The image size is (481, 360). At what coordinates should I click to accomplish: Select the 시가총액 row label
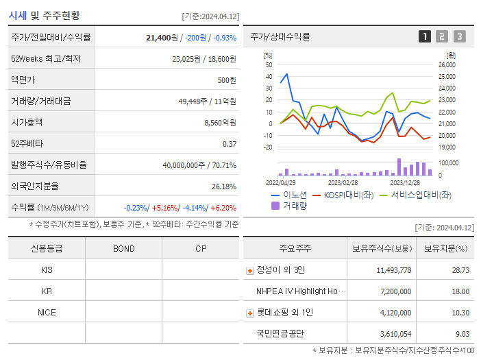pyautogui.click(x=27, y=122)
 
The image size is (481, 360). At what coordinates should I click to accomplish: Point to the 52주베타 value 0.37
pyautogui.click(x=230, y=143)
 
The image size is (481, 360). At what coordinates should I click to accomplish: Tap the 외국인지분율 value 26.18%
pyautogui.click(x=224, y=186)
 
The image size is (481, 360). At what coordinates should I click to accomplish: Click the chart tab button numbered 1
pyautogui.click(x=425, y=36)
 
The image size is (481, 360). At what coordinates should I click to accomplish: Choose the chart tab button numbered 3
pyautogui.click(x=459, y=36)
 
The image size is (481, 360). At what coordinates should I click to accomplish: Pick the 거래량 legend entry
pyautogui.click(x=291, y=205)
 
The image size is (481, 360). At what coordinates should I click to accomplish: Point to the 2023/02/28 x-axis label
pyautogui.click(x=343, y=182)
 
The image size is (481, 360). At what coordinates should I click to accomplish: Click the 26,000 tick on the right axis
pyautogui.click(x=446, y=65)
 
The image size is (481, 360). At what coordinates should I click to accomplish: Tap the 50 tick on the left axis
pyautogui.click(x=269, y=65)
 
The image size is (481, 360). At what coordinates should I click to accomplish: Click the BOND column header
pyautogui.click(x=123, y=248)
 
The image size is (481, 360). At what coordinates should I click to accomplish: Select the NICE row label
pyautogui.click(x=47, y=312)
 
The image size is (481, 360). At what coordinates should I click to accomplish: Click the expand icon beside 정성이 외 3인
pyautogui.click(x=250, y=270)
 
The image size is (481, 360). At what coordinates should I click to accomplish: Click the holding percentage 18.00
pyautogui.click(x=460, y=291)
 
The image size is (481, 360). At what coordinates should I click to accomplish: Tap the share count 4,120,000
pyautogui.click(x=394, y=313)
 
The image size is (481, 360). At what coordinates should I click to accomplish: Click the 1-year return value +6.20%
pyautogui.click(x=223, y=207)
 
